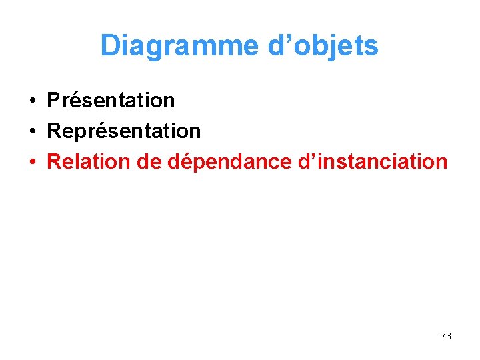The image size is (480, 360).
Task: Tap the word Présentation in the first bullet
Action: click(111, 101)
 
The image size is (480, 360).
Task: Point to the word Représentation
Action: click(124, 131)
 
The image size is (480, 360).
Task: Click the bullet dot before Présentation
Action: click(32, 101)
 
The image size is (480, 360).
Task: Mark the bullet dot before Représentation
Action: click(32, 131)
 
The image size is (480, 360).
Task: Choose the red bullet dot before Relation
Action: click(32, 162)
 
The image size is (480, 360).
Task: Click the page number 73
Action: click(446, 336)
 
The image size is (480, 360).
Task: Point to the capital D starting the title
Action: click(109, 46)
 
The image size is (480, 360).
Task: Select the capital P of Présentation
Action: click(53, 101)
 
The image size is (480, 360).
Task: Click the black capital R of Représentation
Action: click(53, 131)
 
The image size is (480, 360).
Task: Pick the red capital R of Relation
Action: click(54, 161)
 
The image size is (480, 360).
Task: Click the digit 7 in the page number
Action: click(443, 336)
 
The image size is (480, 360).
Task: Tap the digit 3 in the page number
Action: click(449, 336)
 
